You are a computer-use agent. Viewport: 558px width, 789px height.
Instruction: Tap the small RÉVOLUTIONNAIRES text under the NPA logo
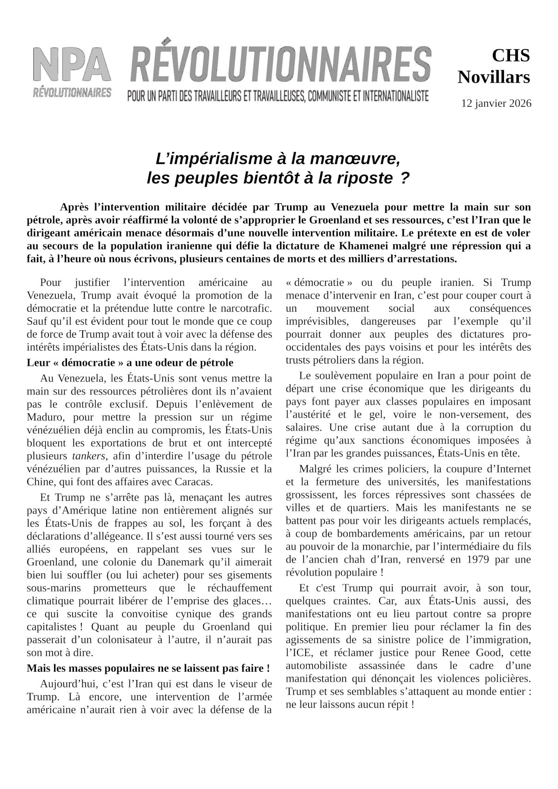point(72,92)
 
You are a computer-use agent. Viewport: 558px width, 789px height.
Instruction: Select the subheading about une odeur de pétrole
point(130,362)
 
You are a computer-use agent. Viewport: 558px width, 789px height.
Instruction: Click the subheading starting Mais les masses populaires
point(148,668)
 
